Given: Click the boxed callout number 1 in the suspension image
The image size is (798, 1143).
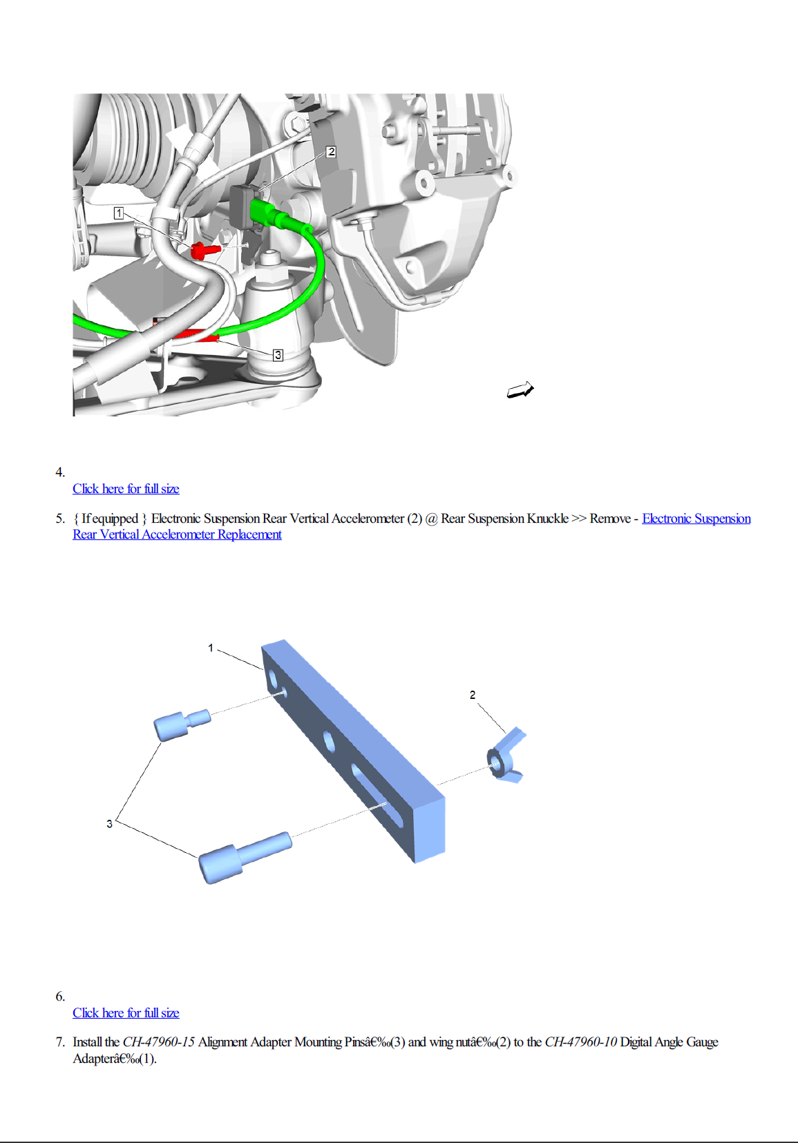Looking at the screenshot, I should click(x=119, y=213).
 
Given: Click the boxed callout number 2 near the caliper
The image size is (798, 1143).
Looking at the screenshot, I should click(x=331, y=152).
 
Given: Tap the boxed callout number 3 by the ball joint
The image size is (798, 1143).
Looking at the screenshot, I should click(x=278, y=355).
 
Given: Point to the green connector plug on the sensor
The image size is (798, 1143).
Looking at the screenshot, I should click(x=265, y=212).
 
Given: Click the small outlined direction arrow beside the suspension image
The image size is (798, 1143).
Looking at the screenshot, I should click(x=520, y=390).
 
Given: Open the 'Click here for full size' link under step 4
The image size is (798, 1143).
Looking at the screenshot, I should click(x=126, y=489).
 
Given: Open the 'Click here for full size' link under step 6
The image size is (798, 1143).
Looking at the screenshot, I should click(x=126, y=1013).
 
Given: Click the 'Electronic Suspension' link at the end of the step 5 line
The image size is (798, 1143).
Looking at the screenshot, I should click(x=696, y=519).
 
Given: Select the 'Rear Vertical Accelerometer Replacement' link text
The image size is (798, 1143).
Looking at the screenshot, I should click(x=177, y=535).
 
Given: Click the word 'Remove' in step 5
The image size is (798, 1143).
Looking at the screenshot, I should click(x=609, y=519).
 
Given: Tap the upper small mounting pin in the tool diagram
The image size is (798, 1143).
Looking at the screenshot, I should click(x=180, y=724).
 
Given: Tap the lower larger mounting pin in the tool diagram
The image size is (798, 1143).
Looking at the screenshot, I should click(x=243, y=857).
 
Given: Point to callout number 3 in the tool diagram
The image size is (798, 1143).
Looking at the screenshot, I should click(x=109, y=824).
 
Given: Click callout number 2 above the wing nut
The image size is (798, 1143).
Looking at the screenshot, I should click(x=473, y=695).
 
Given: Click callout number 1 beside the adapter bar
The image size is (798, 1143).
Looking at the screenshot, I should click(x=211, y=648).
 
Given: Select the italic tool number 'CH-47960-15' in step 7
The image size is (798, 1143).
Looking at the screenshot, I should click(x=158, y=1042).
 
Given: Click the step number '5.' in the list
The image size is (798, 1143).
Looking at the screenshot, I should click(x=60, y=519).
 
